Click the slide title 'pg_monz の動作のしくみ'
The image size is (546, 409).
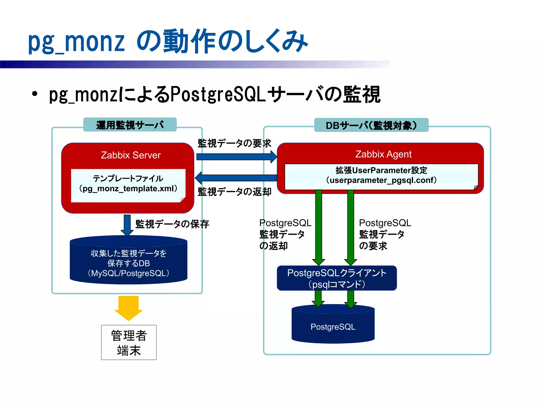point(168,41)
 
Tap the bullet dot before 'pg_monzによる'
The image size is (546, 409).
point(34,94)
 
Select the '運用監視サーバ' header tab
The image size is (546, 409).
point(130,125)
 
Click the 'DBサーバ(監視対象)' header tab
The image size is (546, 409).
point(371,125)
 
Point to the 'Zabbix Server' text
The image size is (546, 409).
point(131,155)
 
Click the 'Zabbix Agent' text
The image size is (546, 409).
point(383,154)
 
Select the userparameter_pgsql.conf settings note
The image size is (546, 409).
point(381,176)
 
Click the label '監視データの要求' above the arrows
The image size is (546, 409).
point(234,143)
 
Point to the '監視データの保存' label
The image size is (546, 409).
point(172,224)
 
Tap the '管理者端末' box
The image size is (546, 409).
point(129,343)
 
